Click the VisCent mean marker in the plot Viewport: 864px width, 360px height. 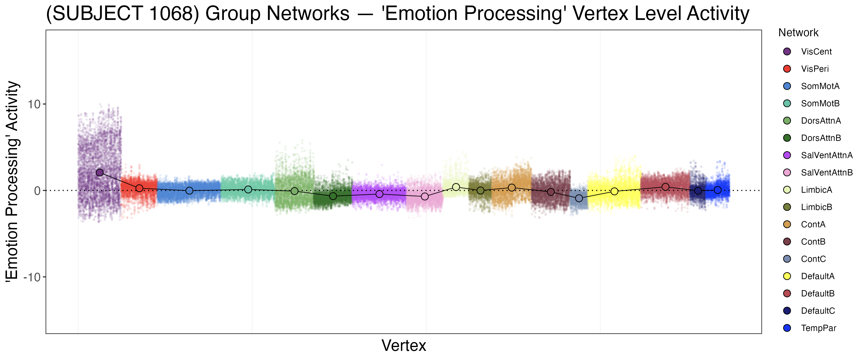tap(100, 173)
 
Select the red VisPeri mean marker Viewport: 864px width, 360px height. tap(139, 188)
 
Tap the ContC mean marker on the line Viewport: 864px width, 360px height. tap(579, 198)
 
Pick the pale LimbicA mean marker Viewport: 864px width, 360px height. tap(456, 187)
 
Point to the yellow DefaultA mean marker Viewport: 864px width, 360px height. tap(614, 191)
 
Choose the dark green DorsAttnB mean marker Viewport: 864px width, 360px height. tap(333, 196)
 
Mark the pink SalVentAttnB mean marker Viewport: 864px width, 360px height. tap(425, 196)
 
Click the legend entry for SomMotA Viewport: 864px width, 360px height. tap(820, 86)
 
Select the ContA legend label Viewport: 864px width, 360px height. tap(813, 224)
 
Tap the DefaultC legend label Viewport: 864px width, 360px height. tap(818, 311)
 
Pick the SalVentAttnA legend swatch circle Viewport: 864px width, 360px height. tap(787, 155)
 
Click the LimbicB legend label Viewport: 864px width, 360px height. tap(816, 207)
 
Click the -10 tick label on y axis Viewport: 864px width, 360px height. tap(32, 277)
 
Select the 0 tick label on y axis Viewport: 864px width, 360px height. tap(37, 191)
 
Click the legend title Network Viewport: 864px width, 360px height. tap(798, 33)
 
